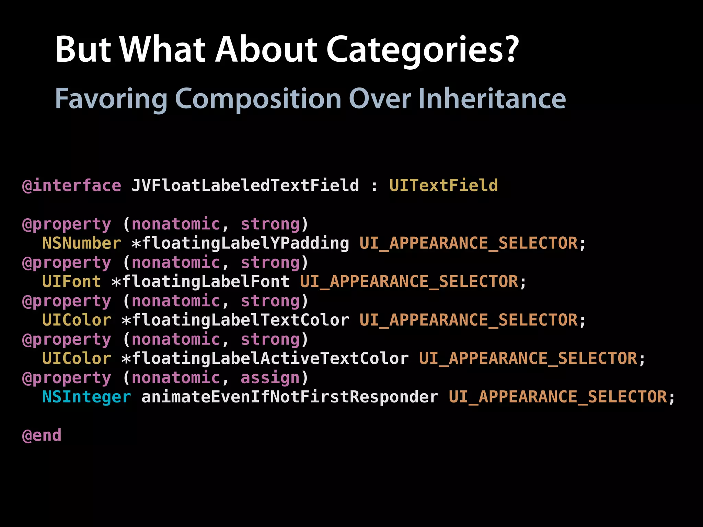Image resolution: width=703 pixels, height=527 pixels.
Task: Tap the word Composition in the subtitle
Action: (258, 99)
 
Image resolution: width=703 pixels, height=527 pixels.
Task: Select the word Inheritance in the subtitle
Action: (492, 99)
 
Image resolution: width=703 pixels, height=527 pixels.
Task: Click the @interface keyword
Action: (72, 186)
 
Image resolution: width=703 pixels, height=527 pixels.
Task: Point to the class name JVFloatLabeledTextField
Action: (245, 186)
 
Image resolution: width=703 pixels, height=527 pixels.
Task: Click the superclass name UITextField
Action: (443, 186)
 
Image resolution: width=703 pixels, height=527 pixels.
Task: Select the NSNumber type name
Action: (81, 243)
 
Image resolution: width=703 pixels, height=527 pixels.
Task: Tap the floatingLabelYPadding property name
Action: (245, 243)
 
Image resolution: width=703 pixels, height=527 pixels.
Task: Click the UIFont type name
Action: (71, 282)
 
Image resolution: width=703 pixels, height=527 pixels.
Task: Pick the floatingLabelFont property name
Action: (206, 282)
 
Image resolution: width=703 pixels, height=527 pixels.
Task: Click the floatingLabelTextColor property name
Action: (240, 320)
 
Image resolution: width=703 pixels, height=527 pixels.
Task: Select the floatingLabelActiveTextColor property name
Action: (270, 359)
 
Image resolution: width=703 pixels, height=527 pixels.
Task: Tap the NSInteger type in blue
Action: (87, 397)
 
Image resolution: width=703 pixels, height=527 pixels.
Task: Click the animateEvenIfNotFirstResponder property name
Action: (290, 397)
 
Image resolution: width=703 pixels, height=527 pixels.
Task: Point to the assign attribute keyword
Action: (270, 378)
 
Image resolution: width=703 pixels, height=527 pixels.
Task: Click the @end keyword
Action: (42, 435)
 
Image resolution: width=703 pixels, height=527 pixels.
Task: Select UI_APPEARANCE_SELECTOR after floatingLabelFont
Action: (409, 282)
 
